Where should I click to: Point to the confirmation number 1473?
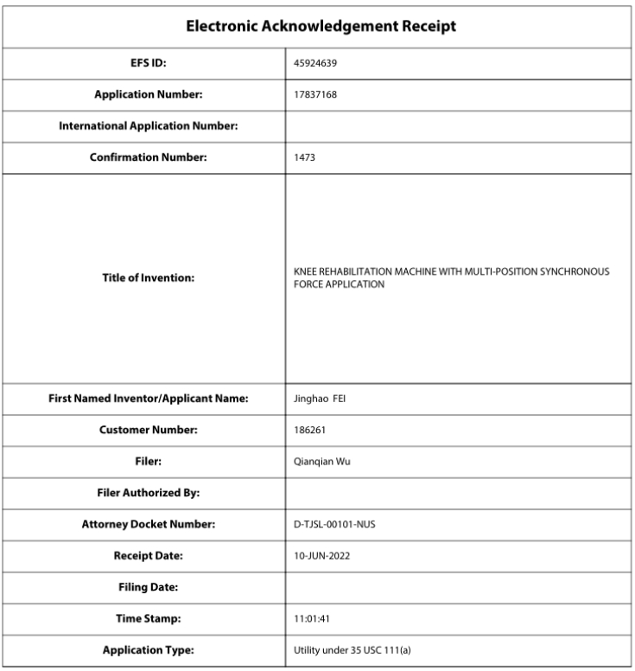(x=305, y=158)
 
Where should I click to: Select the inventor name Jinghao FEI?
(x=319, y=399)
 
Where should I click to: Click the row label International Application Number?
(x=148, y=126)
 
